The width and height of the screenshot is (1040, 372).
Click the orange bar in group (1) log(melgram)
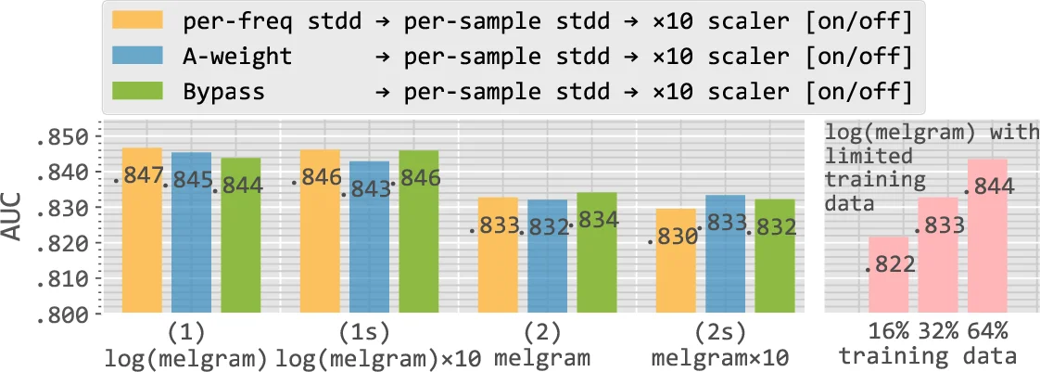(142, 232)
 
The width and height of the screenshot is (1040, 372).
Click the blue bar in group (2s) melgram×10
(726, 260)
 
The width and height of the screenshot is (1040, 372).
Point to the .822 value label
(890, 265)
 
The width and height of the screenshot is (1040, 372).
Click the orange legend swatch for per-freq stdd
(134, 20)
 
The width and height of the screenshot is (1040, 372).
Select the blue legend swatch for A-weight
(134, 57)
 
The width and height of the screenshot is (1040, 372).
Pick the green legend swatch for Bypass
(134, 92)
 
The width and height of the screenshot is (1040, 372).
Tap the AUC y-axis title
(14, 224)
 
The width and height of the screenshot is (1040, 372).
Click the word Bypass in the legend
(223, 92)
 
